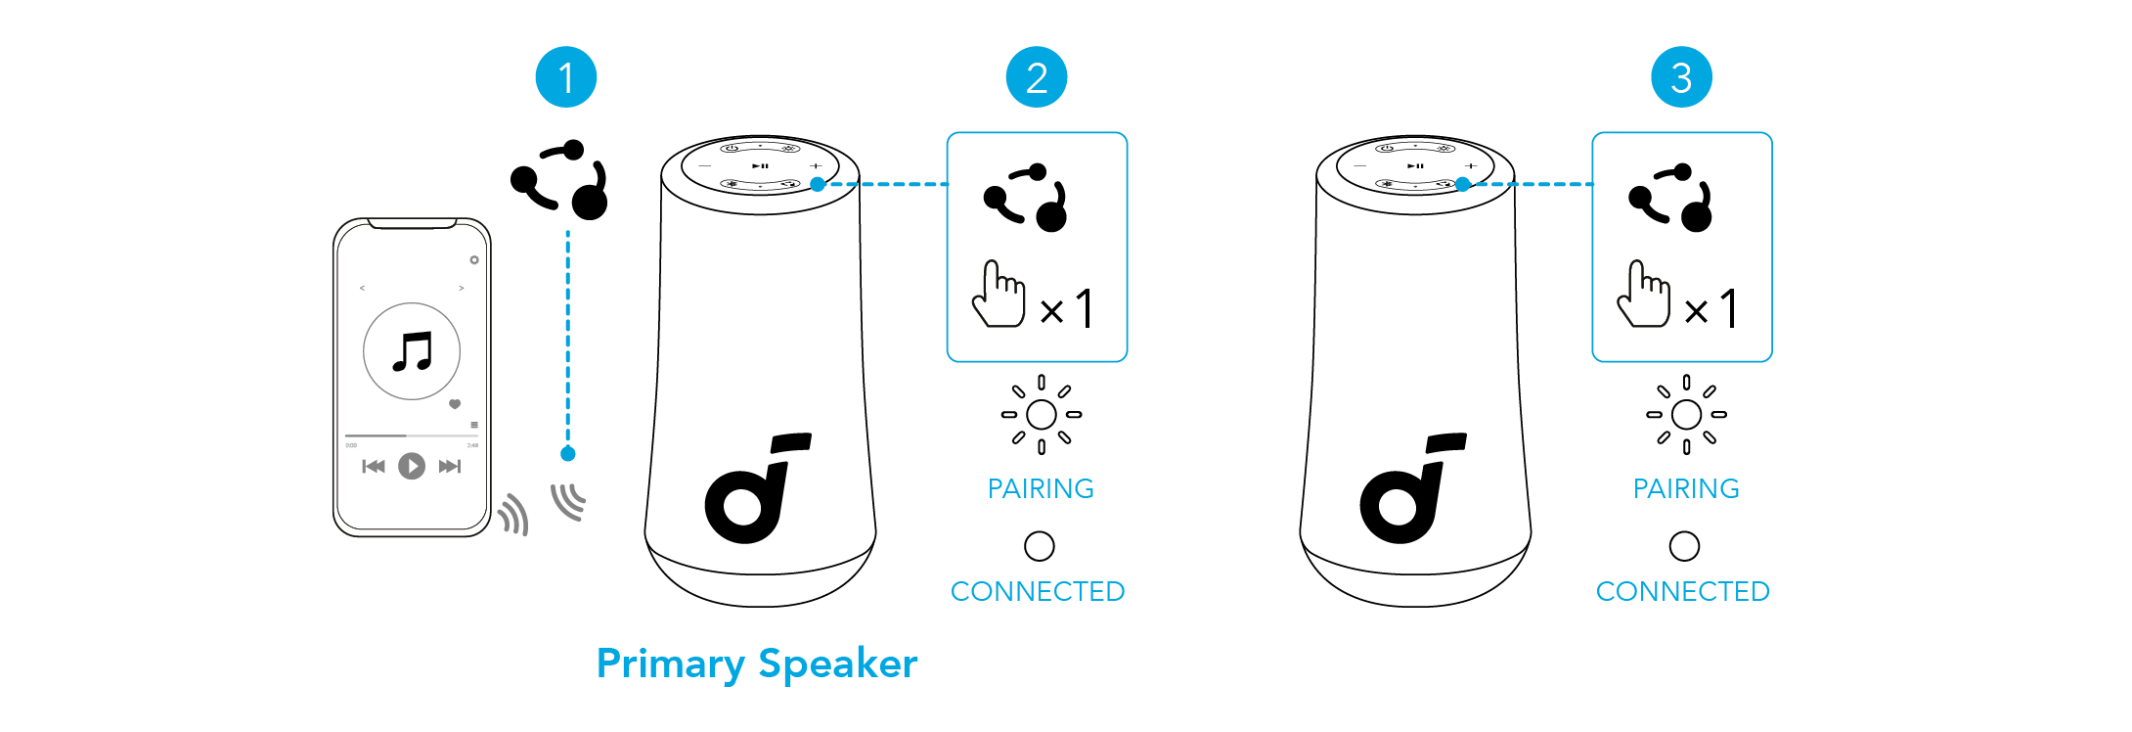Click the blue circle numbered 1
pyautogui.click(x=565, y=77)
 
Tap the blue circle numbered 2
pyautogui.click(x=1037, y=77)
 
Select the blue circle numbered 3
pyautogui.click(x=1681, y=77)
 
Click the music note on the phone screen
pyautogui.click(x=412, y=351)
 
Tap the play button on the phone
pyautogui.click(x=412, y=466)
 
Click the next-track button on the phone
pyautogui.click(x=449, y=466)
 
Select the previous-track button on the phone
pyautogui.click(x=374, y=466)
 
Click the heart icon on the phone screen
pyautogui.click(x=455, y=404)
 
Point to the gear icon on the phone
pyautogui.click(x=474, y=260)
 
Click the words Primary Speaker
pyautogui.click(x=757, y=663)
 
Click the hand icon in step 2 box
pyautogui.click(x=998, y=295)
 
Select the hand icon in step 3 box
pyautogui.click(x=1643, y=295)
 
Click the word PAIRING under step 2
pyautogui.click(x=1041, y=488)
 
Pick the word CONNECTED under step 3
pyautogui.click(x=1682, y=591)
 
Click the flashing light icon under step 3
pyautogui.click(x=1686, y=415)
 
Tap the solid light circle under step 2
pyautogui.click(x=1039, y=546)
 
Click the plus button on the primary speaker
pyautogui.click(x=816, y=166)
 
